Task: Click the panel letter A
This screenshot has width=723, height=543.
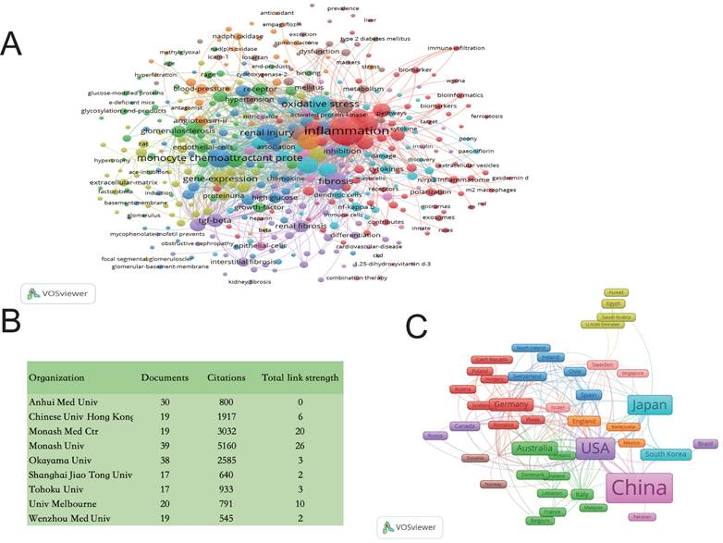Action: point(12,43)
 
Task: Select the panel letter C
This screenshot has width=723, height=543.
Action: point(416,325)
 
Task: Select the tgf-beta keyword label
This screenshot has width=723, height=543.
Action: point(214,222)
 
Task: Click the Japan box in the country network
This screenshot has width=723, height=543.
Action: point(650,405)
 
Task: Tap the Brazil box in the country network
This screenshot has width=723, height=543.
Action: point(706,444)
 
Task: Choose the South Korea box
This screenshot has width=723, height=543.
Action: point(666,454)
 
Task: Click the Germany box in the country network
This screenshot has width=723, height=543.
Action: point(509,405)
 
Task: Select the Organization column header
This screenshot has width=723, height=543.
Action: point(57,377)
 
